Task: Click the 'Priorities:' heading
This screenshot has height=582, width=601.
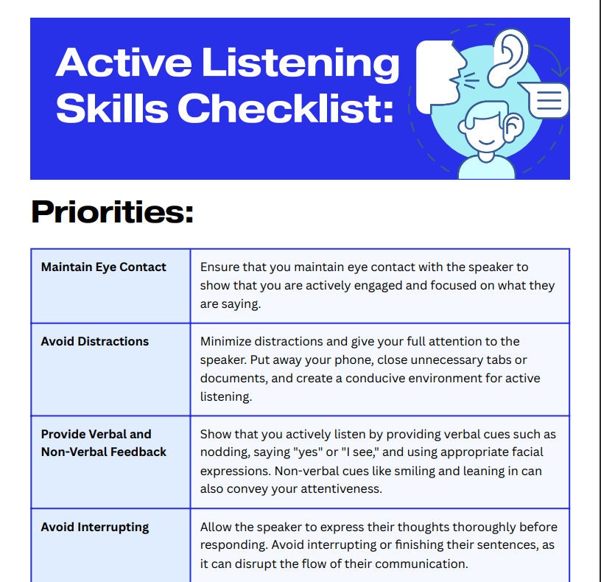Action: [x=112, y=212]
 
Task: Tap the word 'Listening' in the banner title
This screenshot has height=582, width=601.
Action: [x=300, y=63]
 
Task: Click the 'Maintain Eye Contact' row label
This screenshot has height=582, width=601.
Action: [x=104, y=267]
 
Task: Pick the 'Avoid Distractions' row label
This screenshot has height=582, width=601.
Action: [x=95, y=341]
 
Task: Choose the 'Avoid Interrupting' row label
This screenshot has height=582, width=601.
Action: [x=95, y=527]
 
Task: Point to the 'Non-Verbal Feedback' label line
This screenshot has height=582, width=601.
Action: [x=104, y=452]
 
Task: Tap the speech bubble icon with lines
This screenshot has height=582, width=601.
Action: [x=546, y=100]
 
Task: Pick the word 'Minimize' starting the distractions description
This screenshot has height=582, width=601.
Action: [x=226, y=341]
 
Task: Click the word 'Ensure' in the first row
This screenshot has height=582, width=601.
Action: [x=220, y=267]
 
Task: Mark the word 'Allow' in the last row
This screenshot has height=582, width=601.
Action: [x=217, y=527]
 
